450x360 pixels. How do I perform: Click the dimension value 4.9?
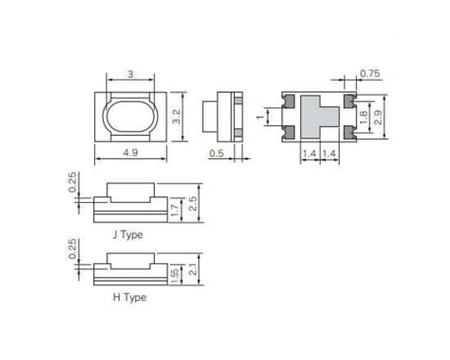pyautogui.click(x=131, y=152)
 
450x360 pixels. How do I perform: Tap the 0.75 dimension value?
pyautogui.click(x=370, y=74)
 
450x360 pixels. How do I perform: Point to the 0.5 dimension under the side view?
pyautogui.click(x=217, y=152)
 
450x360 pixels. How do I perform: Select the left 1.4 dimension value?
pyautogui.click(x=310, y=153)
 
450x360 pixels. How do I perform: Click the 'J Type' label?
pyautogui.click(x=128, y=235)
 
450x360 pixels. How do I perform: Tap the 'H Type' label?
pyautogui.click(x=129, y=297)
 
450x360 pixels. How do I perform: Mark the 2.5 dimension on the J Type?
pyautogui.click(x=193, y=202)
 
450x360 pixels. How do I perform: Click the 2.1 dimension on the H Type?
pyautogui.click(x=193, y=269)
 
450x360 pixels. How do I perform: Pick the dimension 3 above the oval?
pyautogui.click(x=131, y=74)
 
